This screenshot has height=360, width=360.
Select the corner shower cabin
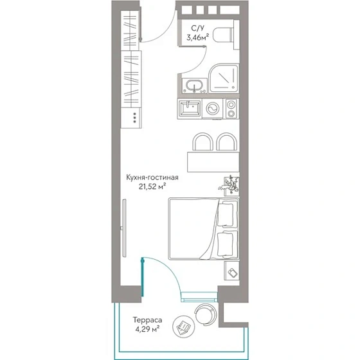coord(224,78)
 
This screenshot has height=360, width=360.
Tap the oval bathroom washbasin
coord(194,85)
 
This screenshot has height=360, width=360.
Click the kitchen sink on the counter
coord(190,109)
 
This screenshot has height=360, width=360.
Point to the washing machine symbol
coord(212,109)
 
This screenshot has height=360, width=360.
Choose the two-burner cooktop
coord(231,109)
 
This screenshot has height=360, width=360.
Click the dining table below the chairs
coord(213,161)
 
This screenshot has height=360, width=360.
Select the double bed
coord(204,229)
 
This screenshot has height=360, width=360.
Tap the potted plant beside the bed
coord(229,186)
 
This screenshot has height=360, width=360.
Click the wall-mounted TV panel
coord(124,228)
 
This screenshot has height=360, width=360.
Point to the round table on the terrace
coord(184,327)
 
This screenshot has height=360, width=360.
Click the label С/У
coord(198,28)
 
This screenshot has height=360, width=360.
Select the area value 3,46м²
coord(198,37)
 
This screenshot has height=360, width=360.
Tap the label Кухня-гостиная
coord(152,177)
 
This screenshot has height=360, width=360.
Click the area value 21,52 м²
coord(152,186)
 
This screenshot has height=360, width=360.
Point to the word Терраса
coord(147,320)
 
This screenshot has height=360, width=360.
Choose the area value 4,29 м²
coord(147,329)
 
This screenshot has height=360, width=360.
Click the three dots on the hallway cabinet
coord(135,118)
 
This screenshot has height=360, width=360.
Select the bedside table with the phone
coord(231,271)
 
